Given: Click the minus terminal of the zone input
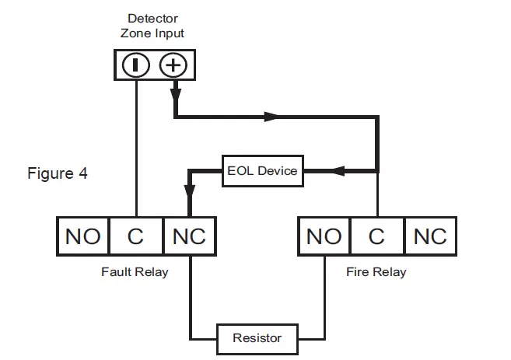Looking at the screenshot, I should (x=136, y=65).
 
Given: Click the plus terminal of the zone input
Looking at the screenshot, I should (x=173, y=65).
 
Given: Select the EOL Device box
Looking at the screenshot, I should (x=262, y=171).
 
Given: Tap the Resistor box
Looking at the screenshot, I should (x=257, y=338).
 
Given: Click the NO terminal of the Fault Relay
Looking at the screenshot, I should (x=83, y=236).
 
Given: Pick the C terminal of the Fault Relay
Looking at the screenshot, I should (x=136, y=236).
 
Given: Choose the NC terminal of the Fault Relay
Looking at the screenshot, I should (x=189, y=236).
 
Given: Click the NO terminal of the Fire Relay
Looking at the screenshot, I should (x=324, y=236).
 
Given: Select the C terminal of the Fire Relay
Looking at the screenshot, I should (x=377, y=236).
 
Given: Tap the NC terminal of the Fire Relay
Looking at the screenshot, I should (x=430, y=236).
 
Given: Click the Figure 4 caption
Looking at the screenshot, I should (x=58, y=173).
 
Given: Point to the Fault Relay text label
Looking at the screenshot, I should (x=135, y=272).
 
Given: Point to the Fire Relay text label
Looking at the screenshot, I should (x=376, y=272).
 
